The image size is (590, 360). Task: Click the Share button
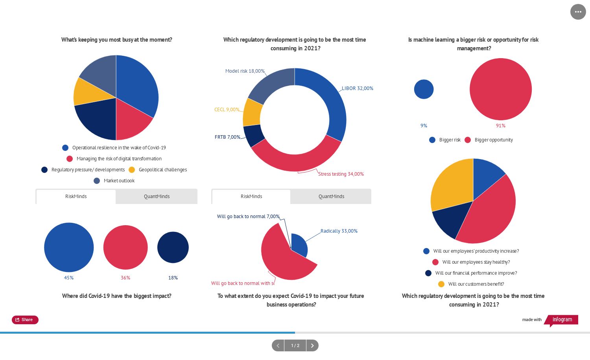coord(25,320)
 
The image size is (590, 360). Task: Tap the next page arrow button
coord(312,345)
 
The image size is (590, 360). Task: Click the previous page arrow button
coord(278,345)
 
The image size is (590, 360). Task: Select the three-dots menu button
coord(578,12)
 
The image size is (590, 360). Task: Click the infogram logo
coord(562,320)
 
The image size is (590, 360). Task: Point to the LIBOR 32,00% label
coord(357,88)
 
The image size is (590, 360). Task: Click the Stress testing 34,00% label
coord(341,174)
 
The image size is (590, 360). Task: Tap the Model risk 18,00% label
coord(245,71)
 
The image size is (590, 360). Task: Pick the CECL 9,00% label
coord(227,110)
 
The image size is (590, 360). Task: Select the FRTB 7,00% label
coord(227,137)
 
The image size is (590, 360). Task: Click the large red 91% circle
coord(500,89)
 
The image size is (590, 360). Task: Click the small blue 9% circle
coord(424,89)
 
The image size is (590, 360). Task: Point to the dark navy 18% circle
coord(173,247)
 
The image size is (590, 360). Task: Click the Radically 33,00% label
coord(339,231)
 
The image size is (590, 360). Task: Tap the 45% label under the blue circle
coord(69,278)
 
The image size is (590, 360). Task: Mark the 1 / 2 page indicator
coord(295,345)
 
